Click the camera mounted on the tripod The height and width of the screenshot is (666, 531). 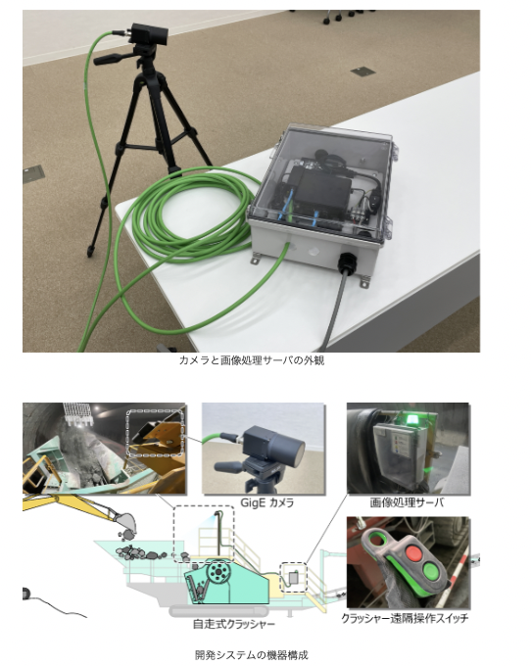click(149, 33)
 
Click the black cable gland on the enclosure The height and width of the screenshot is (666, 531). click(347, 262)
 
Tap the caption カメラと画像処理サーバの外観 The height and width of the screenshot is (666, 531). click(252, 360)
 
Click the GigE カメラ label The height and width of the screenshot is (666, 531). click(267, 502)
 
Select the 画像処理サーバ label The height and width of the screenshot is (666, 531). click(407, 502)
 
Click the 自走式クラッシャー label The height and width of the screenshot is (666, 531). click(234, 624)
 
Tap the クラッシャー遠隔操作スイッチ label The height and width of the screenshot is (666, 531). click(405, 618)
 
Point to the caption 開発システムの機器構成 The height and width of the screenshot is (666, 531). click(252, 654)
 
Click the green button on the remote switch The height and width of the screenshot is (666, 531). click(430, 571)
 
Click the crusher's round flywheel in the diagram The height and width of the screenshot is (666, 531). click(217, 573)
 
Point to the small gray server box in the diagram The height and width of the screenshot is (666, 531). click(294, 578)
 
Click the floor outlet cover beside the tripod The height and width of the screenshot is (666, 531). click(33, 173)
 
